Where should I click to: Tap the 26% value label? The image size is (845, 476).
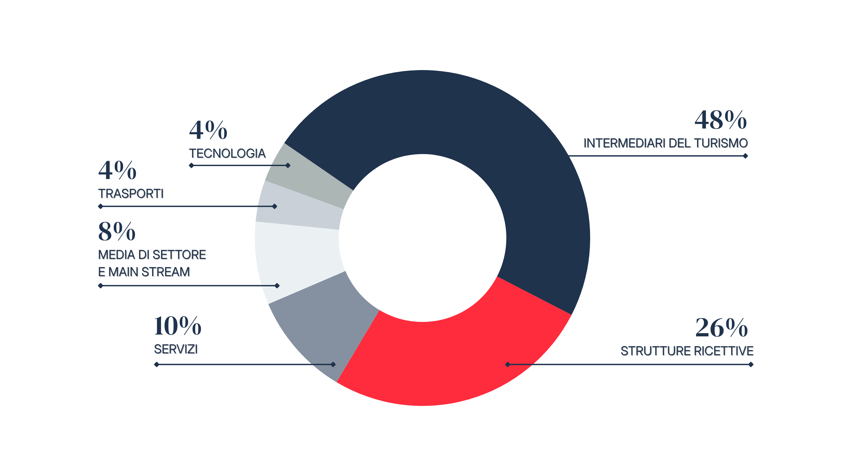[721, 328]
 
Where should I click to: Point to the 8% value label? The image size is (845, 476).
[117, 231]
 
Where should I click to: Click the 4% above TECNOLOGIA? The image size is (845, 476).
[208, 130]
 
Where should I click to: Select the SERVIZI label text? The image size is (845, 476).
[176, 349]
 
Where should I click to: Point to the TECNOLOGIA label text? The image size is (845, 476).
[227, 153]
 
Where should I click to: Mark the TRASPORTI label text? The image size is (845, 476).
[131, 194]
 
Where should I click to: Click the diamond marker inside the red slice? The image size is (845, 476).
[508, 364]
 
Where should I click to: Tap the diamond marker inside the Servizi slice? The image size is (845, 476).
[333, 364]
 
